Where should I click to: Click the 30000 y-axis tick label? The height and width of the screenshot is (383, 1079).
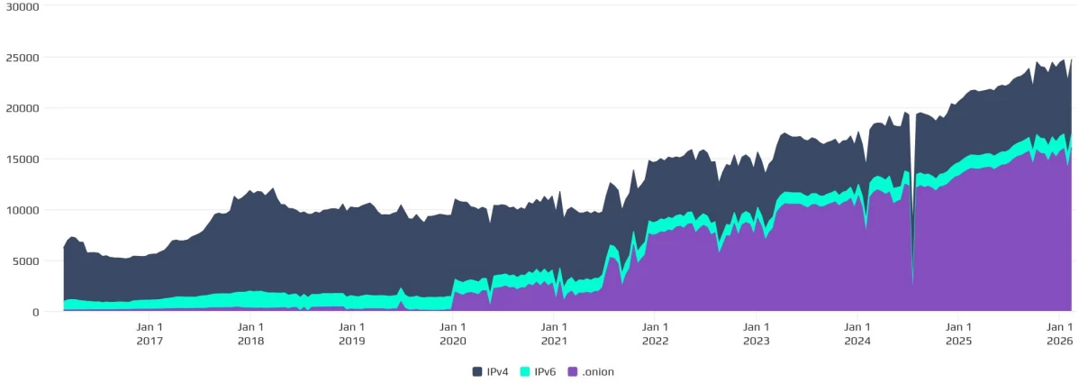point(20,6)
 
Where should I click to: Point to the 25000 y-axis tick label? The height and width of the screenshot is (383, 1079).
point(20,58)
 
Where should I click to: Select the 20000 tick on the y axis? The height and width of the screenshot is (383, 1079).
point(20,108)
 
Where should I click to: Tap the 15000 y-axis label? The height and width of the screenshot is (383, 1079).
point(20,160)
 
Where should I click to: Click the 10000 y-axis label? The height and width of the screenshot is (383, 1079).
point(20,210)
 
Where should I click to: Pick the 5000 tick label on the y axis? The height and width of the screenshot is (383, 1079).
point(23,261)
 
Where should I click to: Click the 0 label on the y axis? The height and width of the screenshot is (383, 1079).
point(35,312)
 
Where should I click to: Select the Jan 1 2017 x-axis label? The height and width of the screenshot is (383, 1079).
point(150,333)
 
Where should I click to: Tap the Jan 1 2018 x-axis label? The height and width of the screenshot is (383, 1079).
point(250,333)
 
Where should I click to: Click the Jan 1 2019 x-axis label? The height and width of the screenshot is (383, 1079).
point(352,333)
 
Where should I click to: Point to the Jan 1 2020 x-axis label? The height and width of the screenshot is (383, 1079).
point(453,333)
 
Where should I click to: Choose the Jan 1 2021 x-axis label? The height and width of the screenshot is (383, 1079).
point(554,333)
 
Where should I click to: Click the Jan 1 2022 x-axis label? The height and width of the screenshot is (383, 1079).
point(656,333)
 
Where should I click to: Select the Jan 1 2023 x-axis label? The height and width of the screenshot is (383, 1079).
point(757,333)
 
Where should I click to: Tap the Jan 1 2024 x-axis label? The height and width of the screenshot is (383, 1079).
point(857,333)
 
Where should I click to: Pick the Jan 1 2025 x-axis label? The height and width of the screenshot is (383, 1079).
point(959,333)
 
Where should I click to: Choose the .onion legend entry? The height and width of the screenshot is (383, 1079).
point(591,371)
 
